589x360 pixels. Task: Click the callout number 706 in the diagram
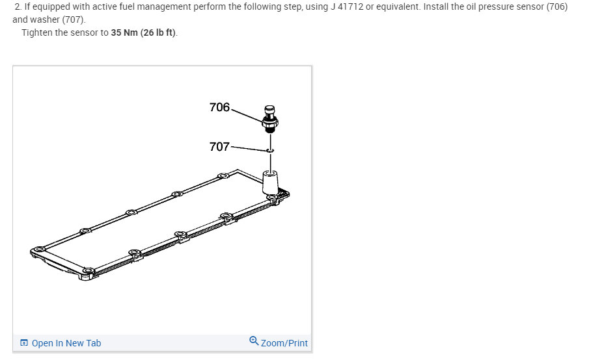coord(219,107)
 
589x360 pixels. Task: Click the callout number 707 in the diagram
coord(219,147)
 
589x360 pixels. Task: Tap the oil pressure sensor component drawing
coord(270,120)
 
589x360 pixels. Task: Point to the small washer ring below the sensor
coord(270,150)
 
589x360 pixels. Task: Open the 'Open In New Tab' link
coord(66,343)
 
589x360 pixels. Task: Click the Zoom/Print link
coord(284,343)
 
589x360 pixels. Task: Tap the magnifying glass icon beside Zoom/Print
coord(254,341)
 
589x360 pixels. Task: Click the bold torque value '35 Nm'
coord(124,32)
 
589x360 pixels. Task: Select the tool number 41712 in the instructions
coord(350,6)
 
